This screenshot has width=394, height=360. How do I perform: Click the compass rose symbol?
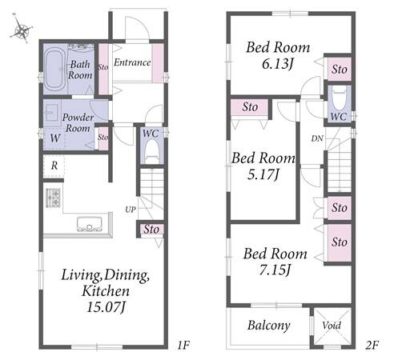point(22,30)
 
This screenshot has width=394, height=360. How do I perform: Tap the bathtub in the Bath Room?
point(54,70)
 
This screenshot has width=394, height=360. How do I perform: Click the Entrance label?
point(132,62)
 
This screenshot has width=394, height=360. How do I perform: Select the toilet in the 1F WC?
point(152,151)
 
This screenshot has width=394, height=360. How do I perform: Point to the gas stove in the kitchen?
point(53,198)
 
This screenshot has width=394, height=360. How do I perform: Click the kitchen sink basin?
point(90,223)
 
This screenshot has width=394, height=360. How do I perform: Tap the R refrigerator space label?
point(54,166)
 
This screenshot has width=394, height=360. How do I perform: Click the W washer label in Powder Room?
point(55,138)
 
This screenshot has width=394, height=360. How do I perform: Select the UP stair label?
point(131,210)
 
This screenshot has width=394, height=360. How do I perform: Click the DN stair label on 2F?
point(317,138)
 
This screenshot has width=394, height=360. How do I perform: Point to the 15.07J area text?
point(106,307)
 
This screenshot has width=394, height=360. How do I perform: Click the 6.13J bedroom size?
point(278,64)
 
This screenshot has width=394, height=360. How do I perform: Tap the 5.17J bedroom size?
point(263,175)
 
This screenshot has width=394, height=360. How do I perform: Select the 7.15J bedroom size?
point(275,270)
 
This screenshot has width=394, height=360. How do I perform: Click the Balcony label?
point(269,326)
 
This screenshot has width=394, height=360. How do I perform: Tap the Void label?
point(332,326)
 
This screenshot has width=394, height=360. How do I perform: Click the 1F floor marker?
point(183,346)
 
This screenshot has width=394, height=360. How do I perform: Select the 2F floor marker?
point(372,346)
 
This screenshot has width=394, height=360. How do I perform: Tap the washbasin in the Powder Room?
point(51,113)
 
